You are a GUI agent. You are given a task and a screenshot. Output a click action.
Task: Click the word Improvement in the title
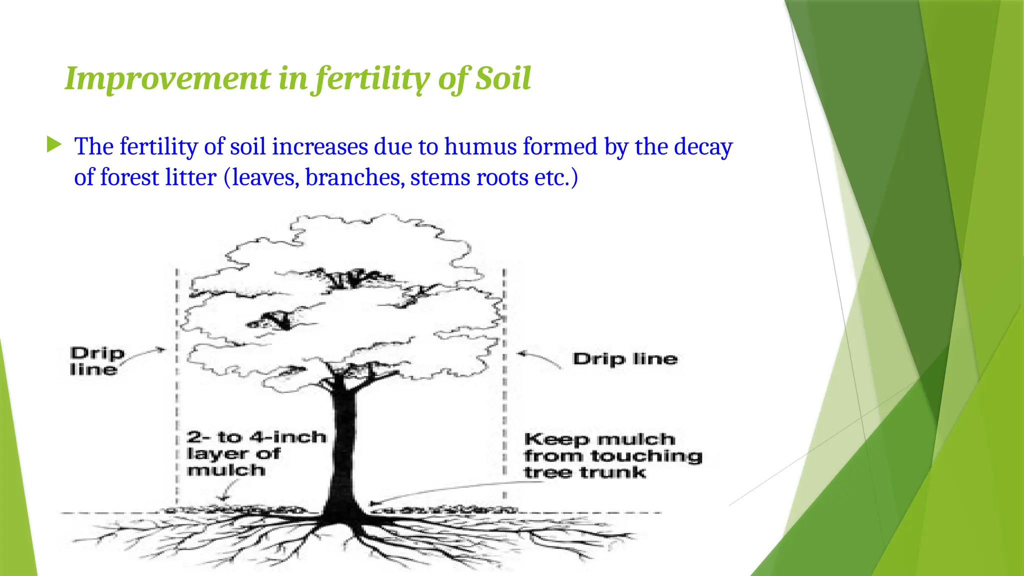tap(167, 78)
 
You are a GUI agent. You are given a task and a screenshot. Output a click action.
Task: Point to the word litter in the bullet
tap(192, 177)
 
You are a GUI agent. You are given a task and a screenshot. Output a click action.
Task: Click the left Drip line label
tap(96, 361)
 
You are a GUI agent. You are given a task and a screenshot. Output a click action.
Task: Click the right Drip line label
tap(625, 359)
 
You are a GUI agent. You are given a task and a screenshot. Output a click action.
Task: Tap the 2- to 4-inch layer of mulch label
tap(255, 453)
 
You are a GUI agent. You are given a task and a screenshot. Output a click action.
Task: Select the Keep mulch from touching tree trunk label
tap(612, 455)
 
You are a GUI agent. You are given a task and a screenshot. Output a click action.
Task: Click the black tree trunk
tap(344, 440)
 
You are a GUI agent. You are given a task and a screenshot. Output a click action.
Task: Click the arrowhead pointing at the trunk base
tap(373, 503)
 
